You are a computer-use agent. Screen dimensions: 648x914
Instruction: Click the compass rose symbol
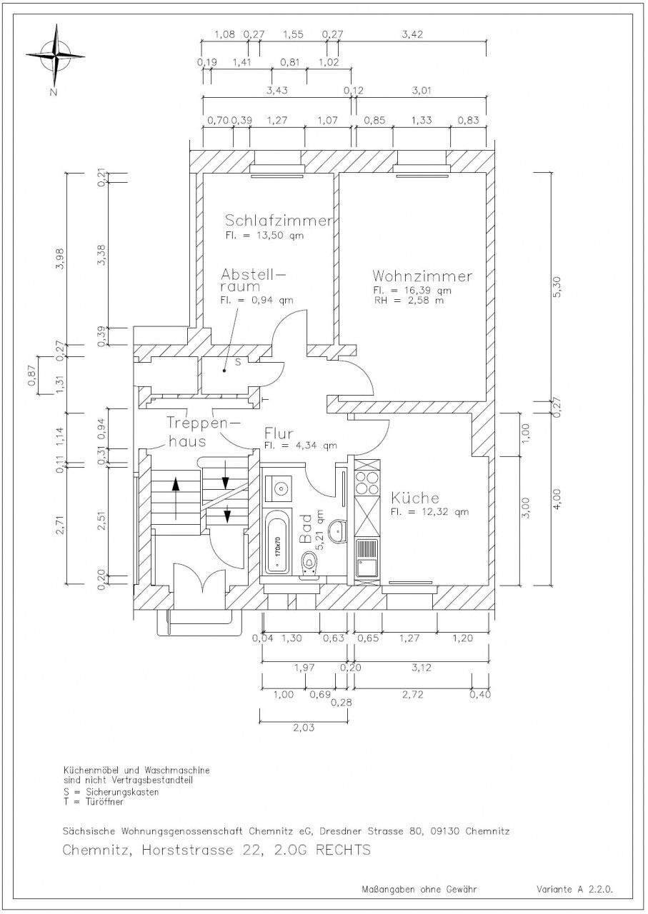(x=56, y=54)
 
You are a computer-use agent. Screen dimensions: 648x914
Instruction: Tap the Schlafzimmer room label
(x=279, y=221)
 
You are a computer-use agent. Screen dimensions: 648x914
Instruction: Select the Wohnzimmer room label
(x=422, y=276)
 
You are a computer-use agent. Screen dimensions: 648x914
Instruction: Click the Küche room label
(x=415, y=498)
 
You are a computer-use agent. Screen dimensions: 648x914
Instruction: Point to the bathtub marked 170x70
(x=277, y=541)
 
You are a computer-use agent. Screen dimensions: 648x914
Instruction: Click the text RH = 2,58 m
(x=409, y=301)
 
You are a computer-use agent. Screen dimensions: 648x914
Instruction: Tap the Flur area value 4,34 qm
(x=301, y=446)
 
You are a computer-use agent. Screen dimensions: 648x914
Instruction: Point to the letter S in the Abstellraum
(x=238, y=362)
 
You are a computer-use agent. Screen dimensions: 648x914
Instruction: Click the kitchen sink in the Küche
(x=367, y=558)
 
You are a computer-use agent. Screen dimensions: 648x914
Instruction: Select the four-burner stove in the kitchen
(x=367, y=483)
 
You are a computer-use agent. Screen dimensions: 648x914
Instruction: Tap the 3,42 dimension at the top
(x=412, y=34)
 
